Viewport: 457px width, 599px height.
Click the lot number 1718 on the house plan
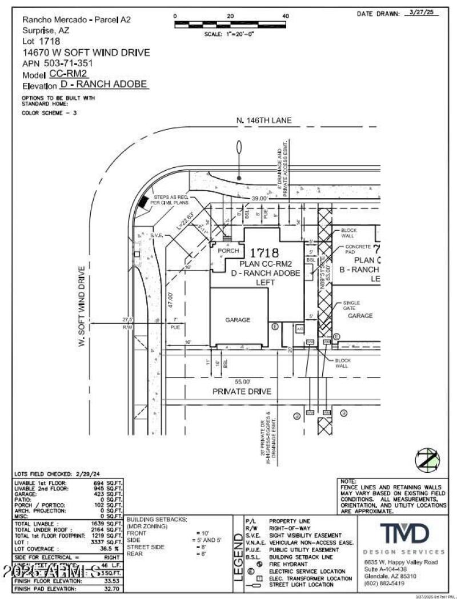pos(263,252)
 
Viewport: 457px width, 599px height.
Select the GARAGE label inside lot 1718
pos(238,320)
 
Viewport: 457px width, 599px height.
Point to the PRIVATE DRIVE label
pos(242,392)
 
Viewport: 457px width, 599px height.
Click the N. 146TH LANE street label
pos(264,120)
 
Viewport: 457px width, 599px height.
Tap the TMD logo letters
pos(404,534)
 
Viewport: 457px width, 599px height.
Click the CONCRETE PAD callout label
pos(358,250)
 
